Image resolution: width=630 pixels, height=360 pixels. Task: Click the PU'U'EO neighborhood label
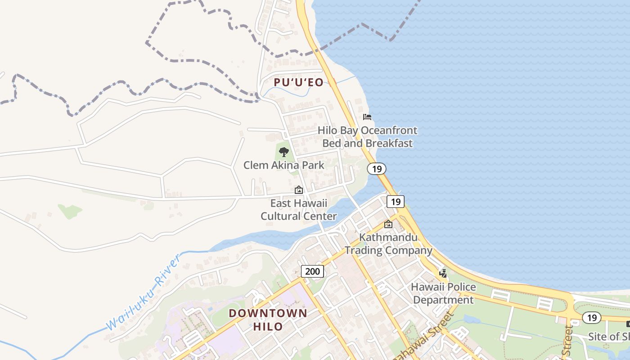pos(298,82)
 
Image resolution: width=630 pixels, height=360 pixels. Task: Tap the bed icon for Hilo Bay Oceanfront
pos(367,117)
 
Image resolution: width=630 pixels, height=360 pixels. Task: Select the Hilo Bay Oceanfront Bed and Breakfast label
pos(367,137)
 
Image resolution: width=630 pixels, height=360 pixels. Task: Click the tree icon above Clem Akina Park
pos(283,152)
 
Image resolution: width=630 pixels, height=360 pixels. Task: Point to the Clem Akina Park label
pos(283,165)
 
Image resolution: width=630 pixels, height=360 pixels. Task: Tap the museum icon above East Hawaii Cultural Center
pos(298,190)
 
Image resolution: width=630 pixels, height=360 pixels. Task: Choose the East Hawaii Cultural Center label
pos(298,210)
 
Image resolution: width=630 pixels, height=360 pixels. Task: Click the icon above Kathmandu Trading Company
pos(388,224)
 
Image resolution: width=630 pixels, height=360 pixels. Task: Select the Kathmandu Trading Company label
pos(388,243)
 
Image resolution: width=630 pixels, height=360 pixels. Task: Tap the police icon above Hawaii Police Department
pos(443,273)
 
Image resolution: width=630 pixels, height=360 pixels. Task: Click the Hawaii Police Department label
pos(443,293)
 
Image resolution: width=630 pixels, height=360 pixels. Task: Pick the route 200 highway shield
pos(312,271)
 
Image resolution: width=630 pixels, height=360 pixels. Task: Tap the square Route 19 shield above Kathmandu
pos(395,202)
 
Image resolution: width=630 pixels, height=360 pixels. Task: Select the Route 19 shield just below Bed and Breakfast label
pos(376,169)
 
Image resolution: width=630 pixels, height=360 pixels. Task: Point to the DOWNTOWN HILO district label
pos(268,319)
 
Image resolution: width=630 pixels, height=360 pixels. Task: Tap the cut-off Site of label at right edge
pos(608,337)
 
